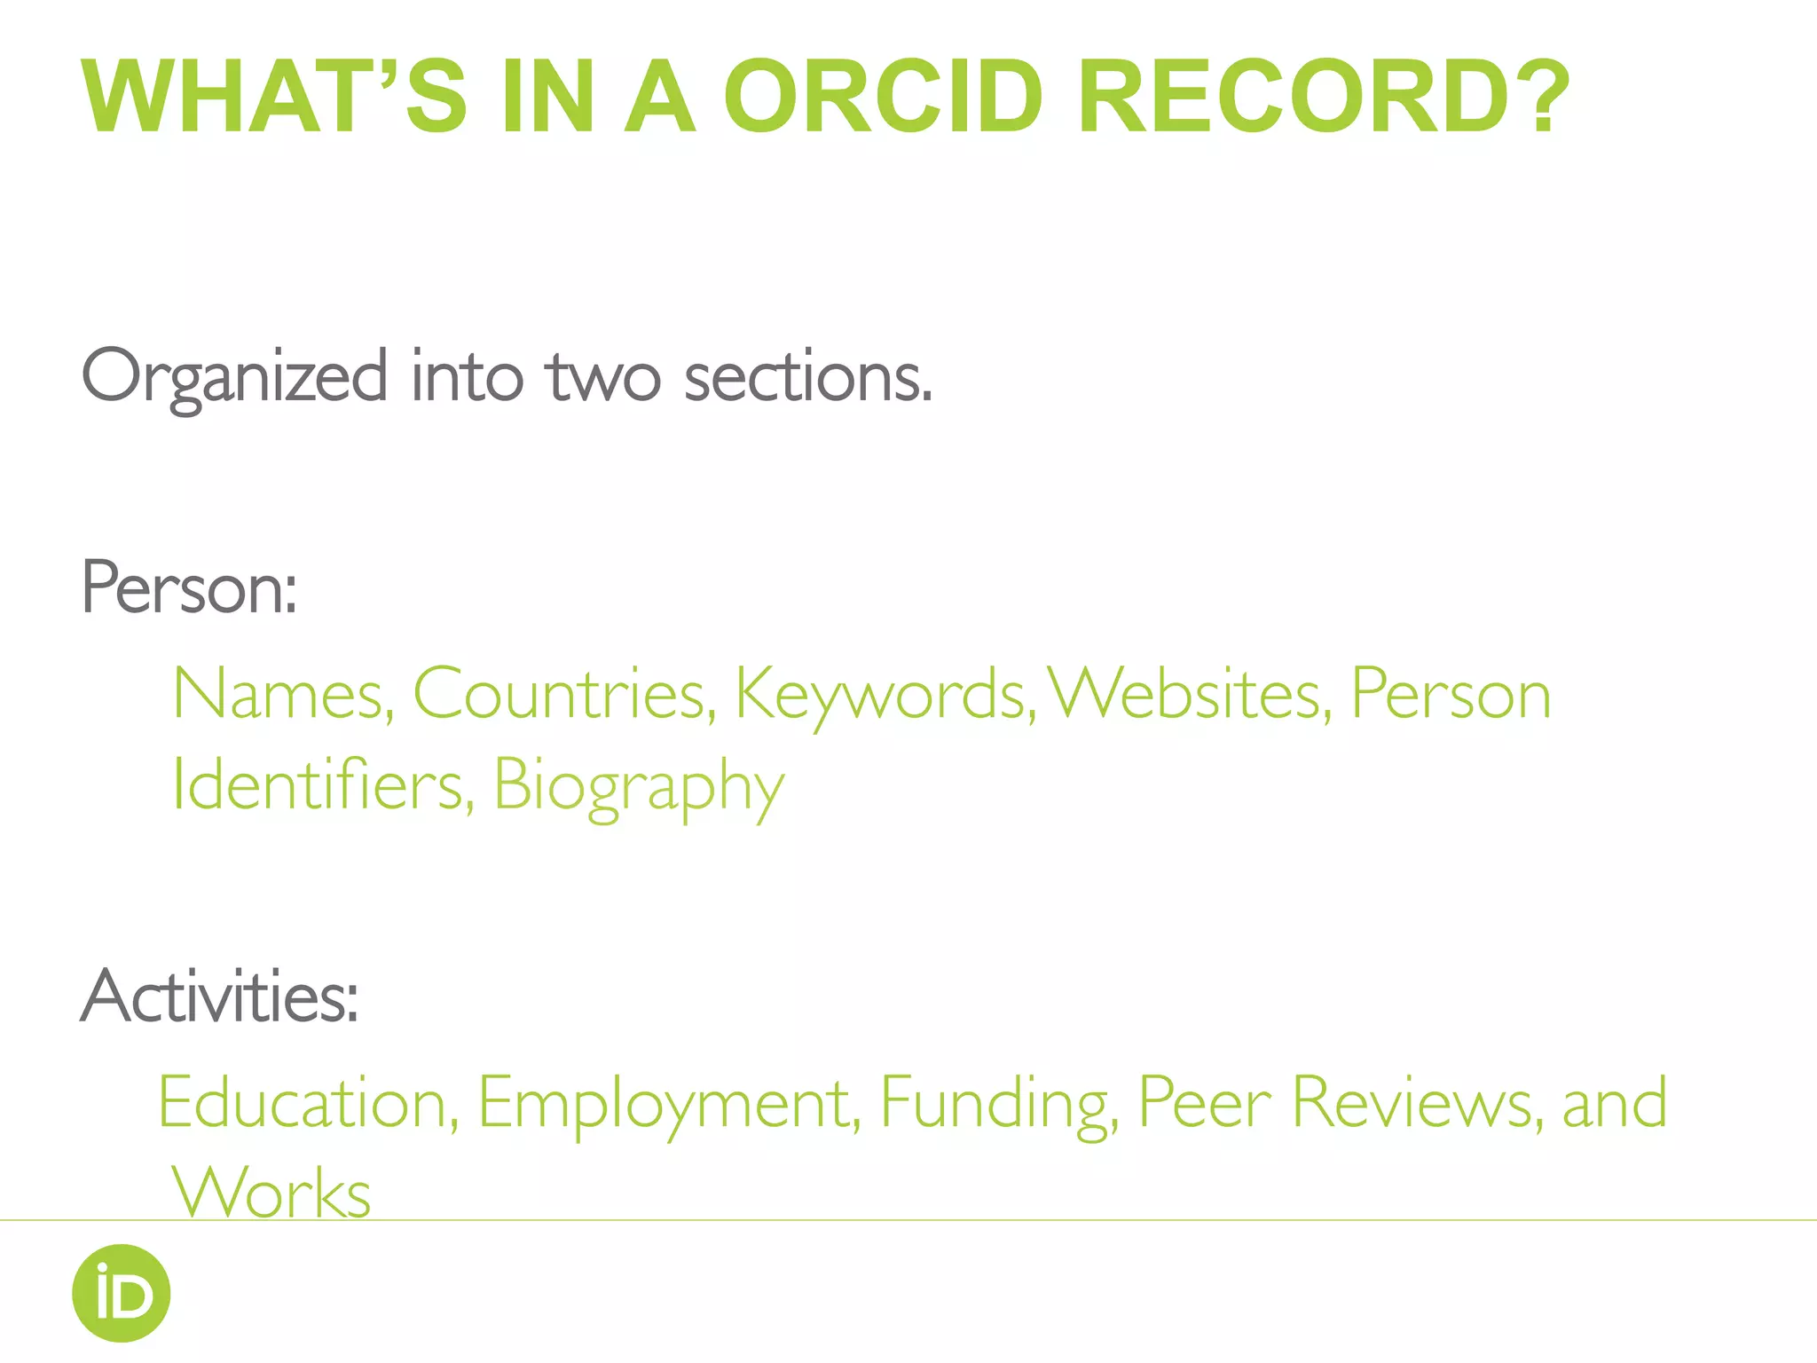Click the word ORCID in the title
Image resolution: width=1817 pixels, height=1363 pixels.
[x=883, y=97]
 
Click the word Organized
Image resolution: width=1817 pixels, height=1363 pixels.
[x=234, y=378]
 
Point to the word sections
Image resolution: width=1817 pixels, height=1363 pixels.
[x=808, y=378]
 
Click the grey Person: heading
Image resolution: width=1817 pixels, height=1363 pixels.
[x=189, y=587]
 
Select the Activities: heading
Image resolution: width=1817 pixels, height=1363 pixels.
[x=220, y=996]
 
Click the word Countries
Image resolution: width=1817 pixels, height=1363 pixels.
[x=564, y=694]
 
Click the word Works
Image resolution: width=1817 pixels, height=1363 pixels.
[x=271, y=1193]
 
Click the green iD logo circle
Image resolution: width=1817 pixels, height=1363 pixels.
[x=122, y=1293]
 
